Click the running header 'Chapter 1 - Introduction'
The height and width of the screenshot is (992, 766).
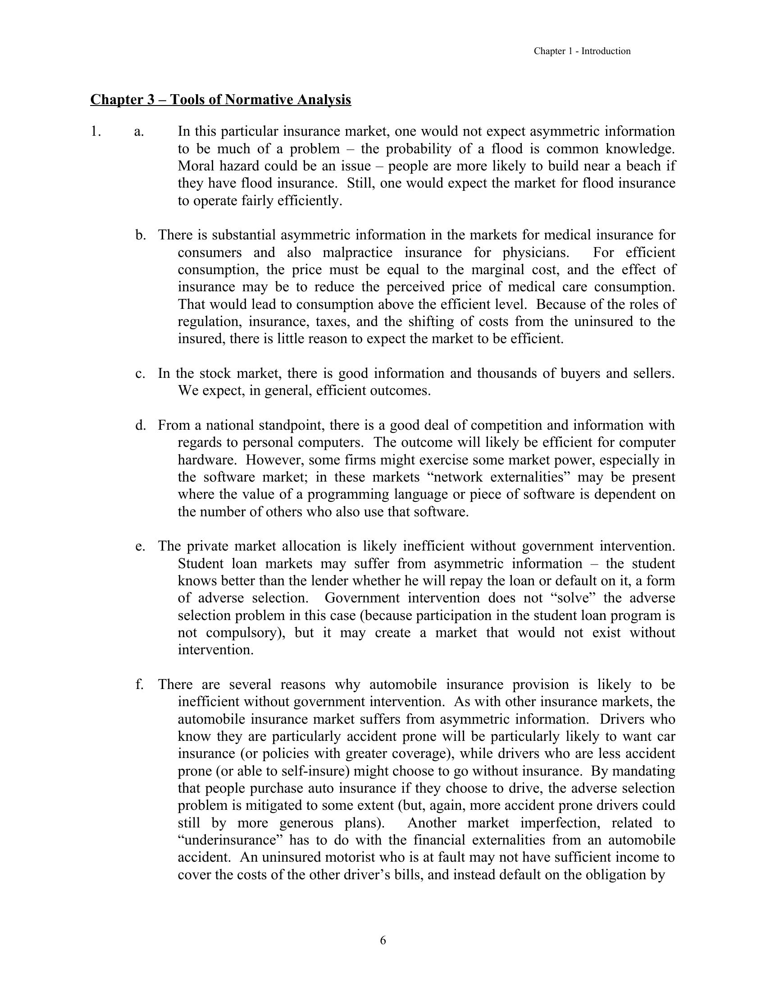tap(582, 51)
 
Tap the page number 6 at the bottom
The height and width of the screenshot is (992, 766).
tap(383, 940)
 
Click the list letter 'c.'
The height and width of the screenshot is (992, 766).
tap(140, 373)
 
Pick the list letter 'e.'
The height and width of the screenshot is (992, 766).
tap(140, 546)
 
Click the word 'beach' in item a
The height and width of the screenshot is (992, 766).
tap(643, 166)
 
